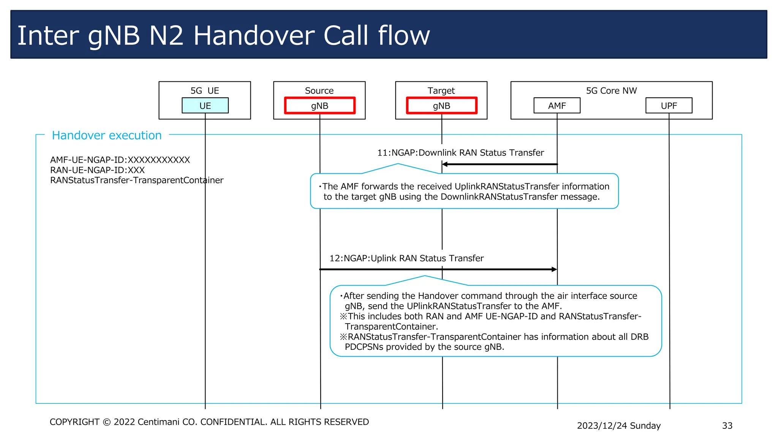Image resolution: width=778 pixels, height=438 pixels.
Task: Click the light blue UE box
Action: pyautogui.click(x=205, y=105)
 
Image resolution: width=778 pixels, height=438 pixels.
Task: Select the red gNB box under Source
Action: pyautogui.click(x=319, y=105)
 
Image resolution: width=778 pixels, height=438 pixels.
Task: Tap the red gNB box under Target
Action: pyautogui.click(x=441, y=105)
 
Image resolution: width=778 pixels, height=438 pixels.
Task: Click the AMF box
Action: pyautogui.click(x=557, y=105)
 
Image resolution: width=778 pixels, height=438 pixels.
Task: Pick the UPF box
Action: pyautogui.click(x=669, y=105)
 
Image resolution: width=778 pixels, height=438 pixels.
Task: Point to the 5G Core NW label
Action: pyautogui.click(x=611, y=90)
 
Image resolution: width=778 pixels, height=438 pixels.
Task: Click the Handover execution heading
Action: pyautogui.click(x=107, y=135)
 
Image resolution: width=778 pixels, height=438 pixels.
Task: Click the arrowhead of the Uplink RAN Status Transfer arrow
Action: pyautogui.click(x=554, y=269)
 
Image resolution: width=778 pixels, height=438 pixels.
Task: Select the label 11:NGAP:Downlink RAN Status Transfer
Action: pyautogui.click(x=460, y=152)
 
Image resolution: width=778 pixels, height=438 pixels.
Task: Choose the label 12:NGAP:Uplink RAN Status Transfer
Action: pyautogui.click(x=406, y=258)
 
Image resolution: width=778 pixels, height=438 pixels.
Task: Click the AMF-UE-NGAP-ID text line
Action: pyautogui.click(x=120, y=160)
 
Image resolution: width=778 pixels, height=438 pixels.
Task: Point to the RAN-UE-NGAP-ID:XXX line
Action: pyautogui.click(x=97, y=170)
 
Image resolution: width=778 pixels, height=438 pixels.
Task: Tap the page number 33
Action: pyautogui.click(x=727, y=425)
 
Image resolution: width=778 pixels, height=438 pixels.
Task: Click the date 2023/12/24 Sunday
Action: pyautogui.click(x=618, y=425)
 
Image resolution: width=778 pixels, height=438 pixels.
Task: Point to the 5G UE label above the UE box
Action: pyautogui.click(x=205, y=90)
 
